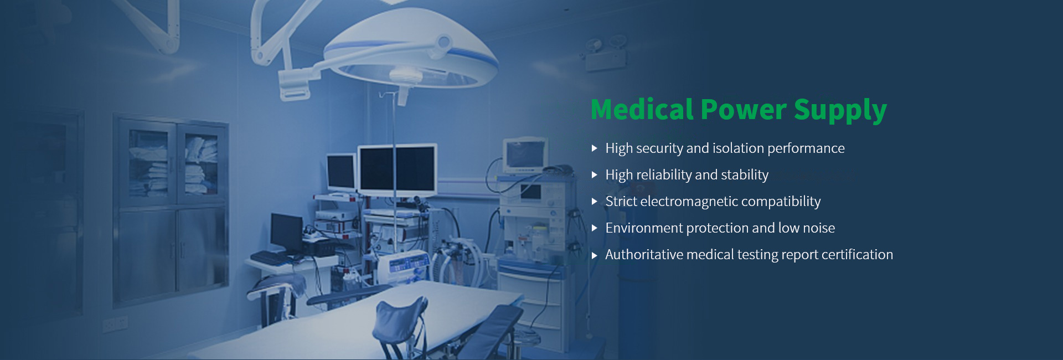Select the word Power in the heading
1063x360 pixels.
(744, 109)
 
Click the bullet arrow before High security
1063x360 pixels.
(594, 148)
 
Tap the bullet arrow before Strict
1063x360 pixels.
(594, 202)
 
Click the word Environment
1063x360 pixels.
(644, 228)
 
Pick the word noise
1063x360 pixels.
(819, 228)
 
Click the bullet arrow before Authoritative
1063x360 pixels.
(594, 255)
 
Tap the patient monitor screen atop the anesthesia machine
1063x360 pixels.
(524, 154)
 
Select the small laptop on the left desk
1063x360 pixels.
(287, 232)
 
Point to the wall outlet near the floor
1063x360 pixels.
(115, 324)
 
